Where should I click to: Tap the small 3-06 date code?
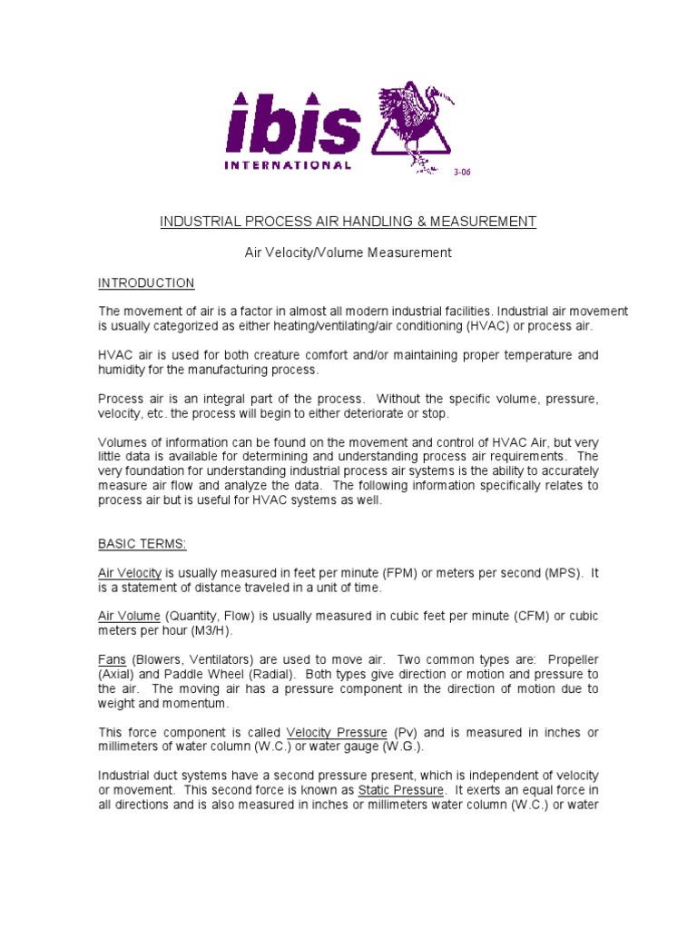click(x=463, y=172)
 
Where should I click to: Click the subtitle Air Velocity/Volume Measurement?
click(x=348, y=252)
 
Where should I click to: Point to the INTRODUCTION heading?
click(x=146, y=283)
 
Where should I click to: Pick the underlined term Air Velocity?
click(x=130, y=573)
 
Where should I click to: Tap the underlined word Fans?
click(x=113, y=659)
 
